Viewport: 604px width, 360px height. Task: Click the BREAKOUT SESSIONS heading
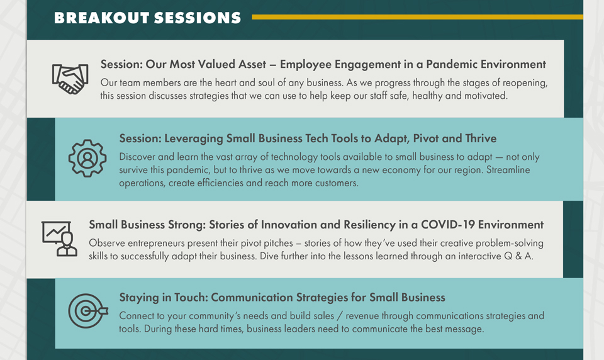click(147, 18)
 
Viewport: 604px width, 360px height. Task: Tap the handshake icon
click(70, 79)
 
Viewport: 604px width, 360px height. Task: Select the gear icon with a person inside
click(87, 158)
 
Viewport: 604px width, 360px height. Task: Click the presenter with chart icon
click(59, 239)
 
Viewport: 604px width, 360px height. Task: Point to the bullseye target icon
click(88, 311)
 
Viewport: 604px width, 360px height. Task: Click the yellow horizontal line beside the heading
click(418, 17)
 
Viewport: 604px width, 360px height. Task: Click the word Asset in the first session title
click(252, 64)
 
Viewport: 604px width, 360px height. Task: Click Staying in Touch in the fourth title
click(164, 298)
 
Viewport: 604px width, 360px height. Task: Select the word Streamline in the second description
click(508, 170)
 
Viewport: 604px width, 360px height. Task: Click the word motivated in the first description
click(486, 96)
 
